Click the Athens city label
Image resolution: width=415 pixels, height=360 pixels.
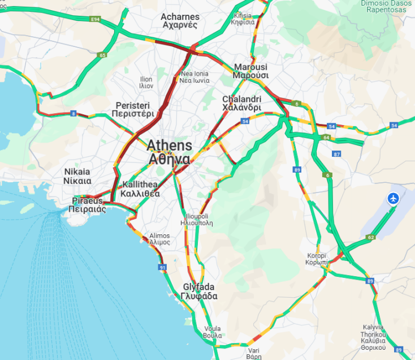170,152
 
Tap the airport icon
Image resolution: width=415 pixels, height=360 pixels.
393,199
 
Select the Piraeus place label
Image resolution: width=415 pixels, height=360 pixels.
88,205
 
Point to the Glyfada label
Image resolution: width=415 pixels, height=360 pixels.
200,292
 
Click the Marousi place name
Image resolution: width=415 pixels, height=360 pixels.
250,71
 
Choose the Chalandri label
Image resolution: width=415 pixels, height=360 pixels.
241,103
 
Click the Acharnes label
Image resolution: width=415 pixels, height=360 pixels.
180,21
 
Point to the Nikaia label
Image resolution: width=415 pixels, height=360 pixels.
77,176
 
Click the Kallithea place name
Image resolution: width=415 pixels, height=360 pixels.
140,189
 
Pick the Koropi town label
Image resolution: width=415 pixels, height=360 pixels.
317,259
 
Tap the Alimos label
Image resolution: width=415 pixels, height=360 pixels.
159,239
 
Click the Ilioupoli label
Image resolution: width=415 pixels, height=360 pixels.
197,220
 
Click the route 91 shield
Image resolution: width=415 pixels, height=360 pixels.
163,267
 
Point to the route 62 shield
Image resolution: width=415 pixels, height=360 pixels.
371,237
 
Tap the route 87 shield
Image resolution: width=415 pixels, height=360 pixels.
337,154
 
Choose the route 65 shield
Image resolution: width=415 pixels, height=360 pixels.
102,55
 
